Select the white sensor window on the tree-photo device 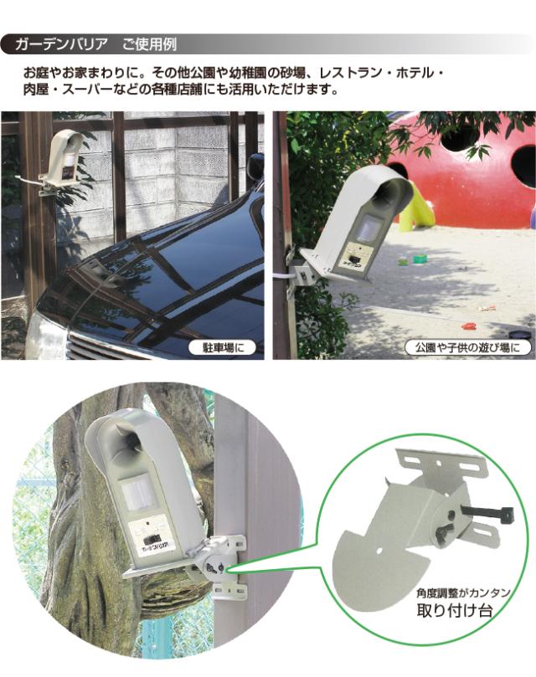138,495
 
